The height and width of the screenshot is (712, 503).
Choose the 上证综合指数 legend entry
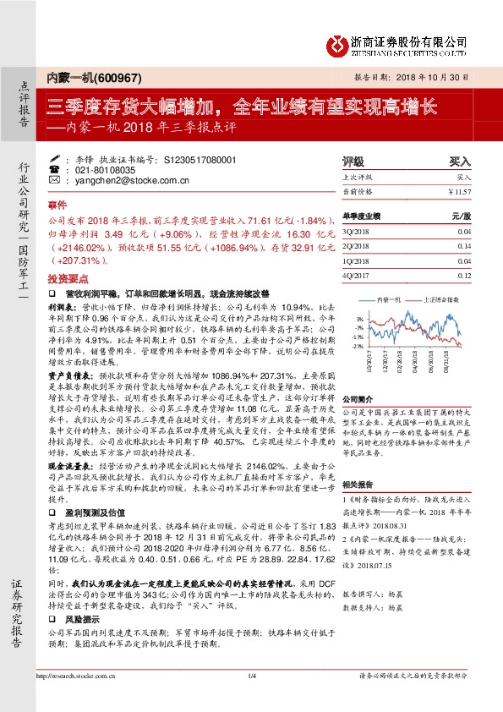(440, 299)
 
